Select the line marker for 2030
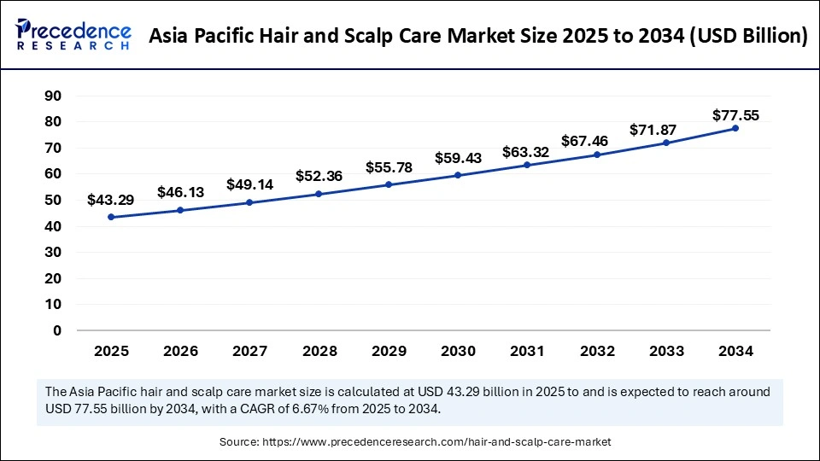458,175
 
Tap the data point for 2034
735,128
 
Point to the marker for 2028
319,194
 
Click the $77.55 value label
735,115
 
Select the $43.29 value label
111,200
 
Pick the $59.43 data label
458,158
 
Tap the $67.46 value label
596,140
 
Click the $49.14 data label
249,184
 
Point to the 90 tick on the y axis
54,96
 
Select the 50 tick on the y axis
54,200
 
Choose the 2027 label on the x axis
249,351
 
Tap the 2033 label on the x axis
665,351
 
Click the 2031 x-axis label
527,351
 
